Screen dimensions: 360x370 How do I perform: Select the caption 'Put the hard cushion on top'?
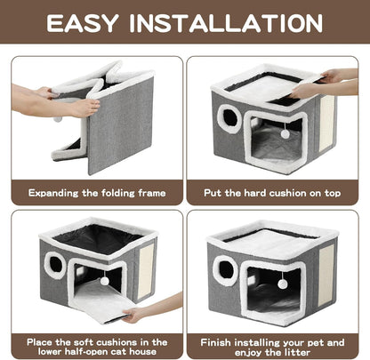point(277,191)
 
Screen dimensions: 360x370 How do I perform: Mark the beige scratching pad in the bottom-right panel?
point(325,271)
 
